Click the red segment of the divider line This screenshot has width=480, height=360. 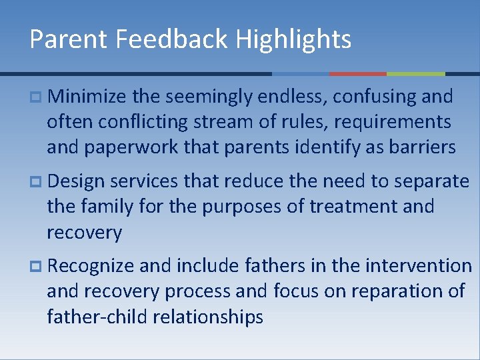click(358, 73)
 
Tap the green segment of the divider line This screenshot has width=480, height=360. click(416, 73)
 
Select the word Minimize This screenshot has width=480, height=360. click(87, 97)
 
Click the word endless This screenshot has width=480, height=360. click(294, 97)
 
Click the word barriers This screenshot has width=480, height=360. click(425, 147)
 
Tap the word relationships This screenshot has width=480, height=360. click(208, 317)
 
